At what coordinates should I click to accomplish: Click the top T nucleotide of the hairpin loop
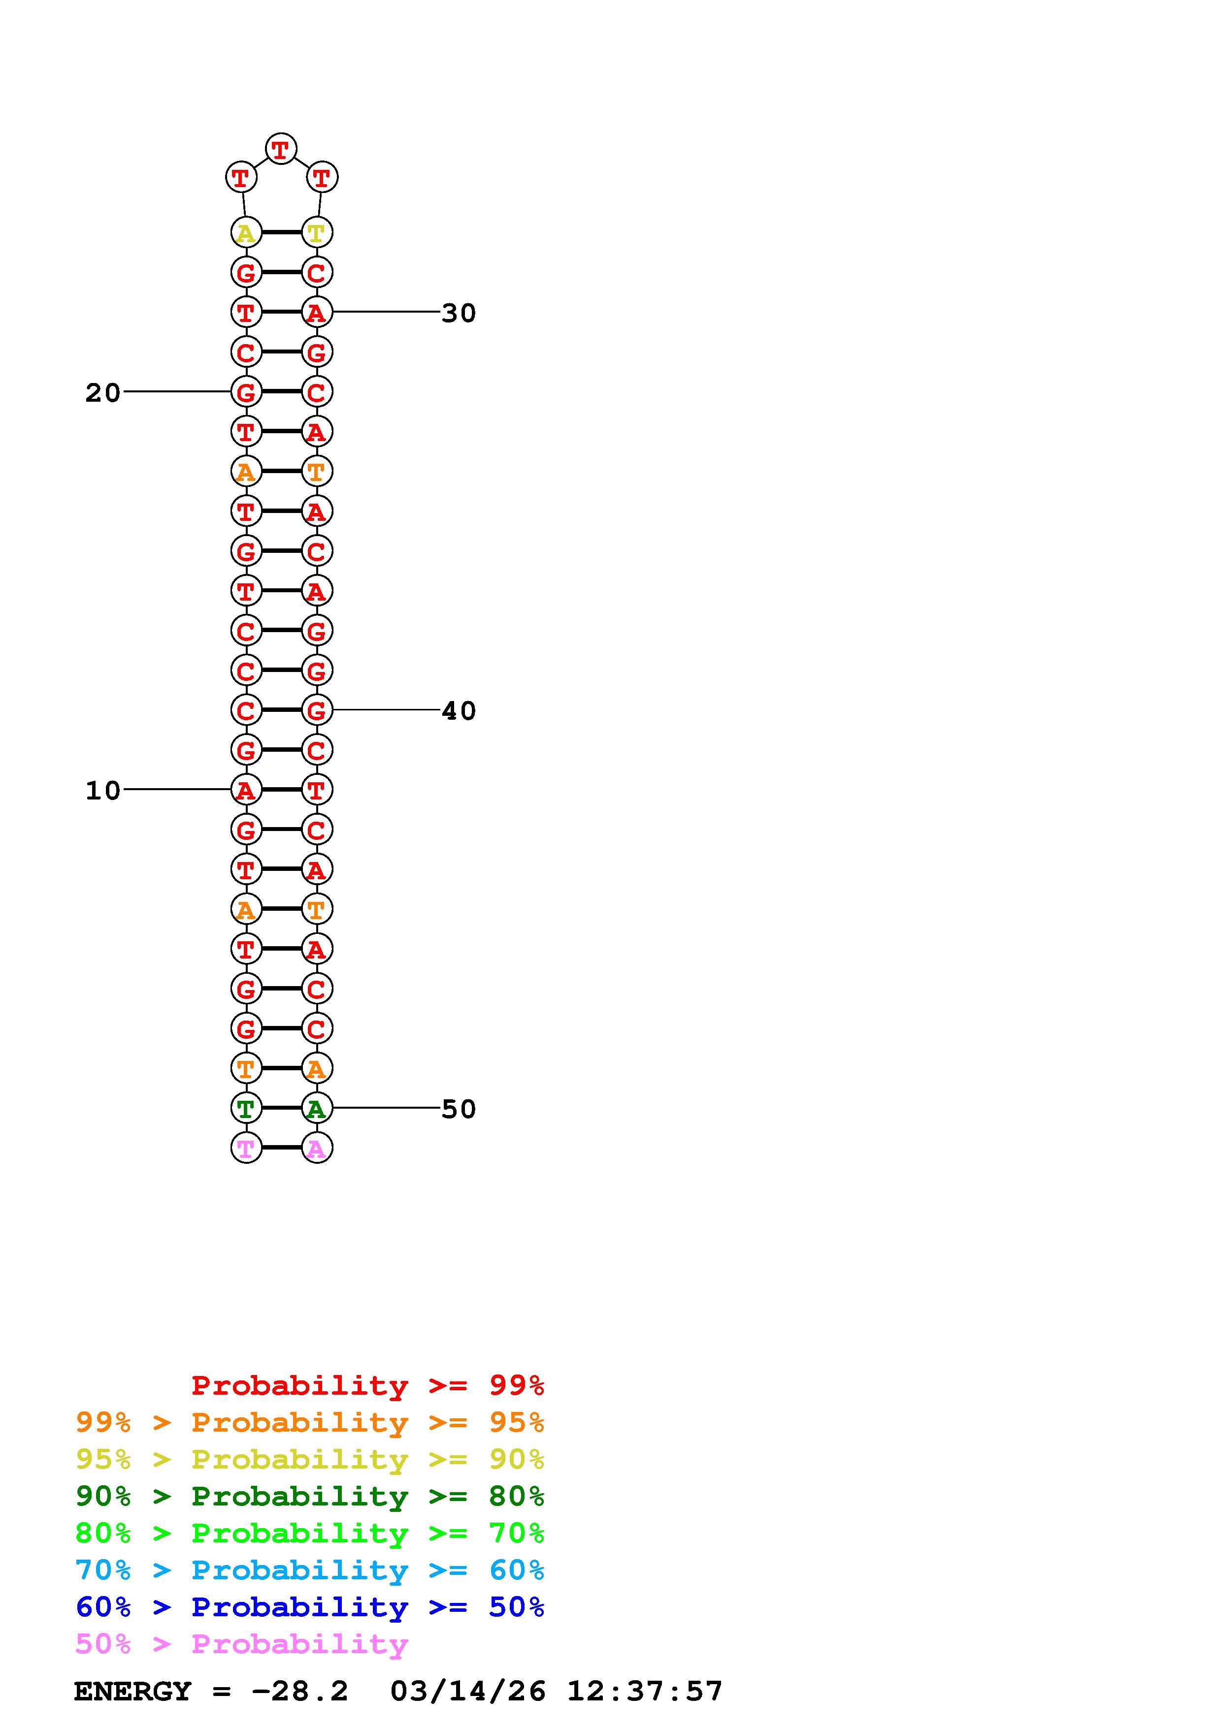tap(281, 149)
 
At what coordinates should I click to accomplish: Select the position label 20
tap(103, 393)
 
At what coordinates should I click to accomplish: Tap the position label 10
tap(103, 791)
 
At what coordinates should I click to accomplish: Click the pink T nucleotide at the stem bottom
tap(246, 1148)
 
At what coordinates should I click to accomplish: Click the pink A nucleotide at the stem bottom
tap(317, 1148)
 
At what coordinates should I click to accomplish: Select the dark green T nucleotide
tap(246, 1108)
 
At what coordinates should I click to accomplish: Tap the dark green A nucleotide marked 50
tap(317, 1108)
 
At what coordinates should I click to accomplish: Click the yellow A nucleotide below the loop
tap(246, 232)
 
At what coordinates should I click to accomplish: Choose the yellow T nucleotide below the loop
tap(317, 232)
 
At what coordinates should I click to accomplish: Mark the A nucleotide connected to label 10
tap(246, 790)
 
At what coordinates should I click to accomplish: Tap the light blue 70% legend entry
tap(309, 1570)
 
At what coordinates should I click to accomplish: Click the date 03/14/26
tap(468, 1692)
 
